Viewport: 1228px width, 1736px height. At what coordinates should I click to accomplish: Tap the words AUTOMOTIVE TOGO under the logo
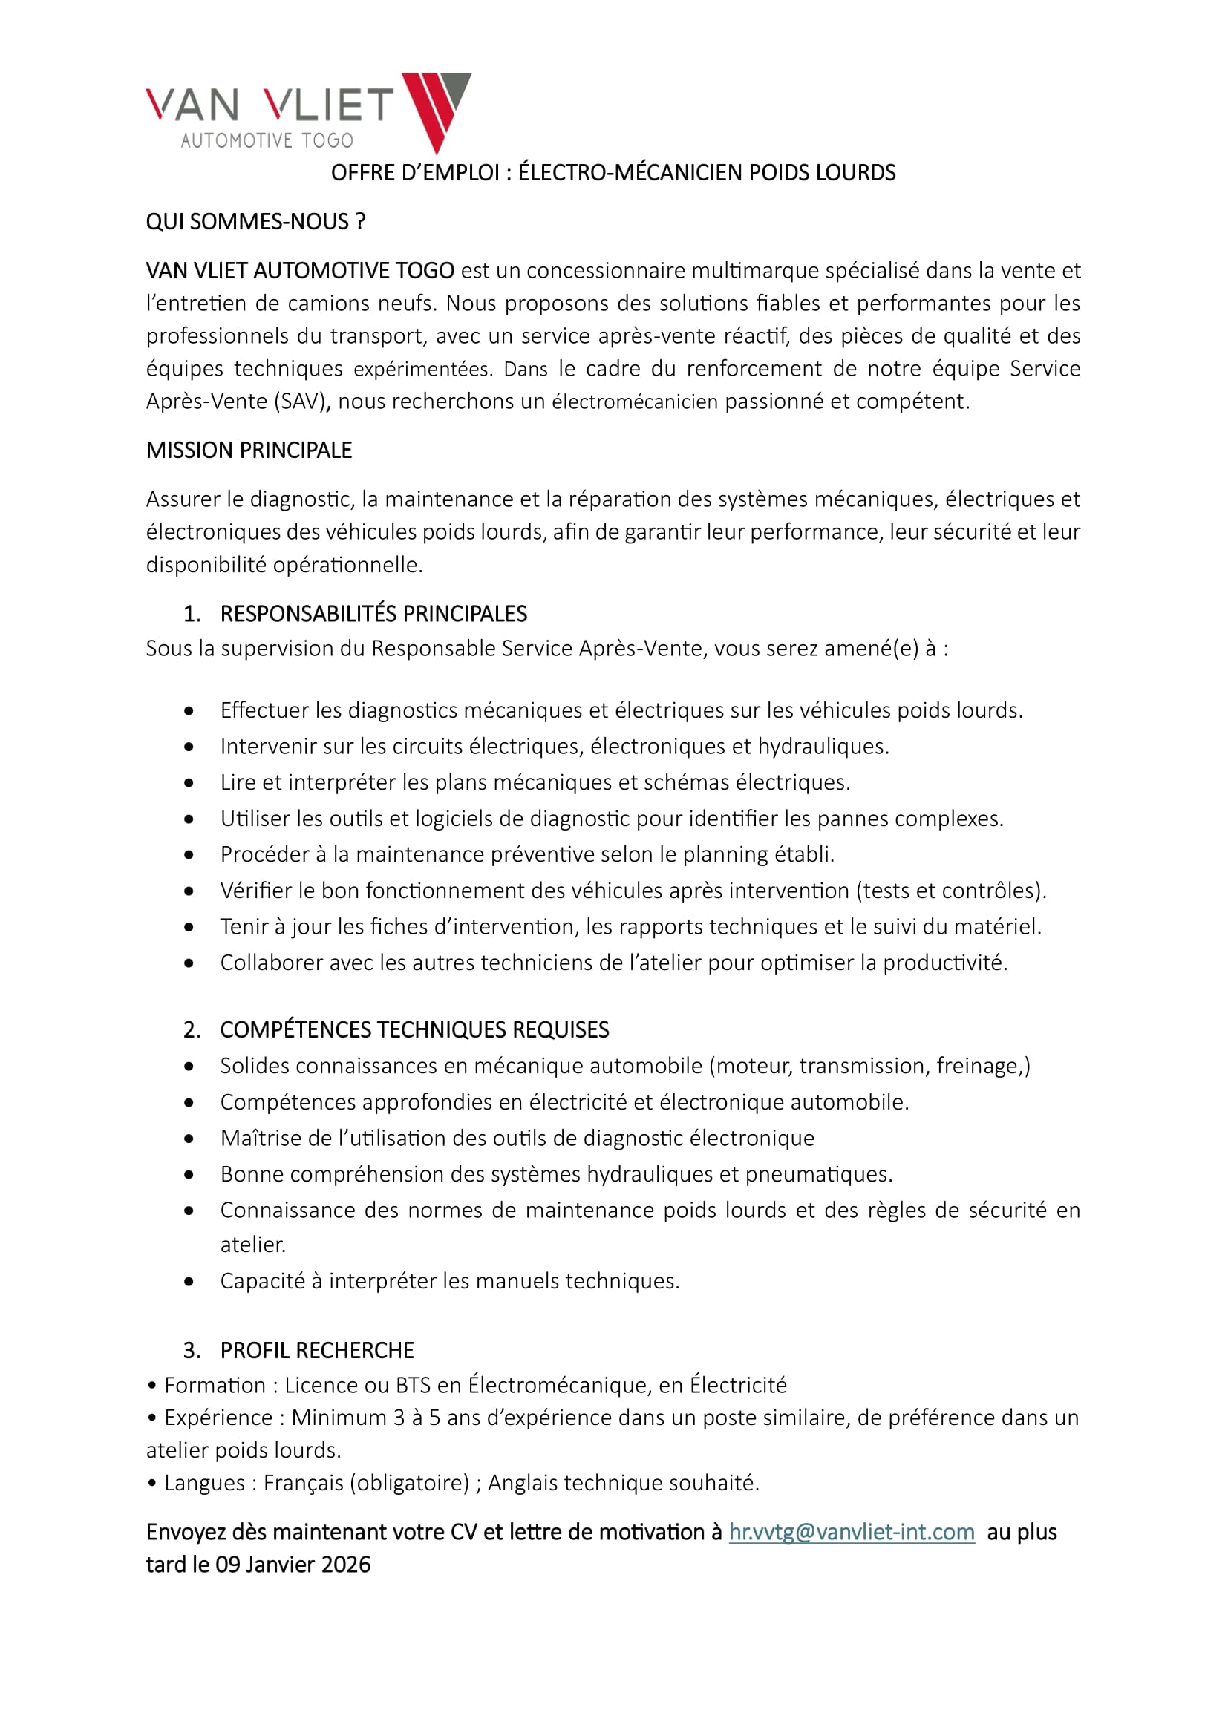(267, 140)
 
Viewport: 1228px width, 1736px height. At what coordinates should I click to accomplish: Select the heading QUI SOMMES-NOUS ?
(255, 221)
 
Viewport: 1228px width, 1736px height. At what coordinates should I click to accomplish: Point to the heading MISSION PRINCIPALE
(249, 450)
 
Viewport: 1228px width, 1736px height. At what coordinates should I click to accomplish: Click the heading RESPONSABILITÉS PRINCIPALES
(373, 613)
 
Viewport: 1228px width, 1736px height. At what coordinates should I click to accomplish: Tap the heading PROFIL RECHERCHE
(317, 1349)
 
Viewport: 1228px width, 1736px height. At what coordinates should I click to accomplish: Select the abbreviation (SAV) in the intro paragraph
(302, 402)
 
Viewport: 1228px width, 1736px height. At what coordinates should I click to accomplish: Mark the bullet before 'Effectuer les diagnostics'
(189, 711)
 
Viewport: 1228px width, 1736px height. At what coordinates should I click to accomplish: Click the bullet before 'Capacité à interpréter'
(189, 1281)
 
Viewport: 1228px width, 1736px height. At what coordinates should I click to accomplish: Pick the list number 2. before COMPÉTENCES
(192, 1030)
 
